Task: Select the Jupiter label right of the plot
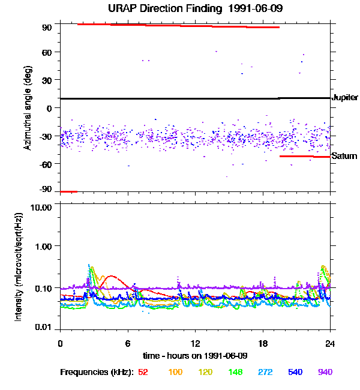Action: tap(345, 97)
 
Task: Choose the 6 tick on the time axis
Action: tap(128, 343)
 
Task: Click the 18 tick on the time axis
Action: tap(263, 343)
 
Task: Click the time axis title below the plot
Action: tap(196, 355)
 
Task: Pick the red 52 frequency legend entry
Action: tap(143, 372)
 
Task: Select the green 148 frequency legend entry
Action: tap(235, 372)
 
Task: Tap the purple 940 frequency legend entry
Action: tap(325, 372)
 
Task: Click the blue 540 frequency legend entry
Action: tap(295, 372)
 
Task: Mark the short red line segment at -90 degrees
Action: tap(68, 191)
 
